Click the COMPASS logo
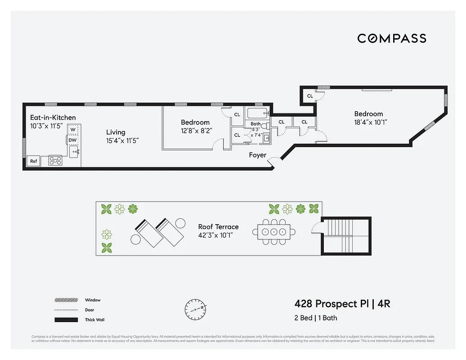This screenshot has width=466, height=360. (391, 38)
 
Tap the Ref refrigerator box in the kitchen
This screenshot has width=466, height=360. (33, 161)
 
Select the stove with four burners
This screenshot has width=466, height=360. (55, 160)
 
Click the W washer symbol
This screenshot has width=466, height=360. (73, 130)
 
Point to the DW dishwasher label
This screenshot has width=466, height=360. (72, 140)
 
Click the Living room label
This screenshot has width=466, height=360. (116, 132)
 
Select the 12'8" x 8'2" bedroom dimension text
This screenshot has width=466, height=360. (196, 130)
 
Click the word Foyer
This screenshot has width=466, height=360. (258, 155)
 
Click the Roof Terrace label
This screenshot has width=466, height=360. (218, 227)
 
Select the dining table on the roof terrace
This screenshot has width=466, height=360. (274, 232)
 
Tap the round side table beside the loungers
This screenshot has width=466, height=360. (180, 223)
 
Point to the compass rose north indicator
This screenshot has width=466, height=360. (196, 308)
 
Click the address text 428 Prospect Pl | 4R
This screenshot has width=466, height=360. (342, 304)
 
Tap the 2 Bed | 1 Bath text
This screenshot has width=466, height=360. (315, 318)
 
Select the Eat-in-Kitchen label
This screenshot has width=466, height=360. (53, 117)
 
